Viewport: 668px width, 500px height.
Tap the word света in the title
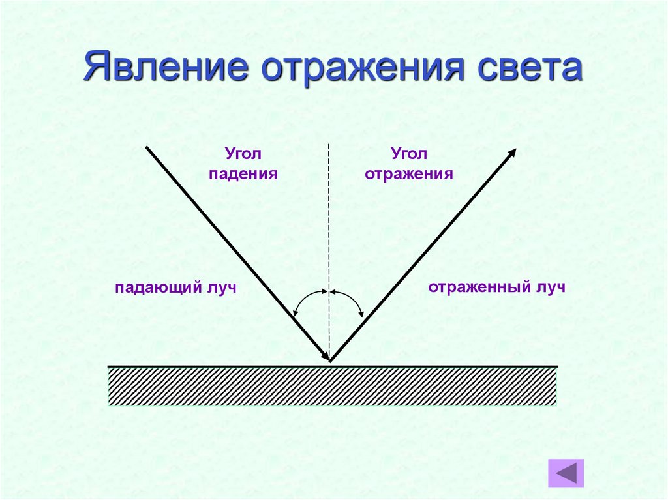(527, 68)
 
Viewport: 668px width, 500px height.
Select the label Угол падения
(243, 164)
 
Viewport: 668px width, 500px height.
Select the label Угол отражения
(409, 164)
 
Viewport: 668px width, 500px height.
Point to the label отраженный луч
(496, 287)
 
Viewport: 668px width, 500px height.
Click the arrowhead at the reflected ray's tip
(512, 153)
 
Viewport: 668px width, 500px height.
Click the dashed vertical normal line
(329, 228)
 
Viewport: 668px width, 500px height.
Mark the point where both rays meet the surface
(330, 360)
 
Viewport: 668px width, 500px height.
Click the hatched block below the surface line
(332, 387)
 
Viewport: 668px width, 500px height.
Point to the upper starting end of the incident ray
(146, 148)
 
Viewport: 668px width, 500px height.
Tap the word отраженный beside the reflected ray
(479, 287)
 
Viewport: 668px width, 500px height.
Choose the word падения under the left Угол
(243, 174)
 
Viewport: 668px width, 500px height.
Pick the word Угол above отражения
(409, 154)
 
